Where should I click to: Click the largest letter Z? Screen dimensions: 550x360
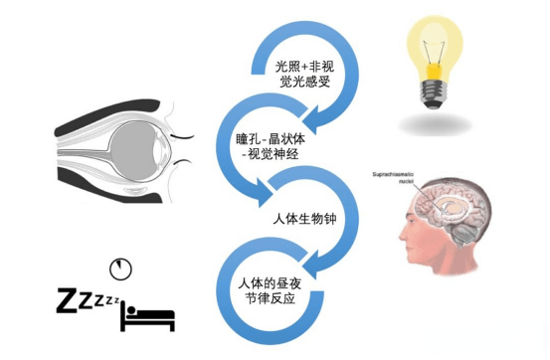[x=68, y=299]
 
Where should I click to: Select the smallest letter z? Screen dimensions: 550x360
[x=116, y=298]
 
